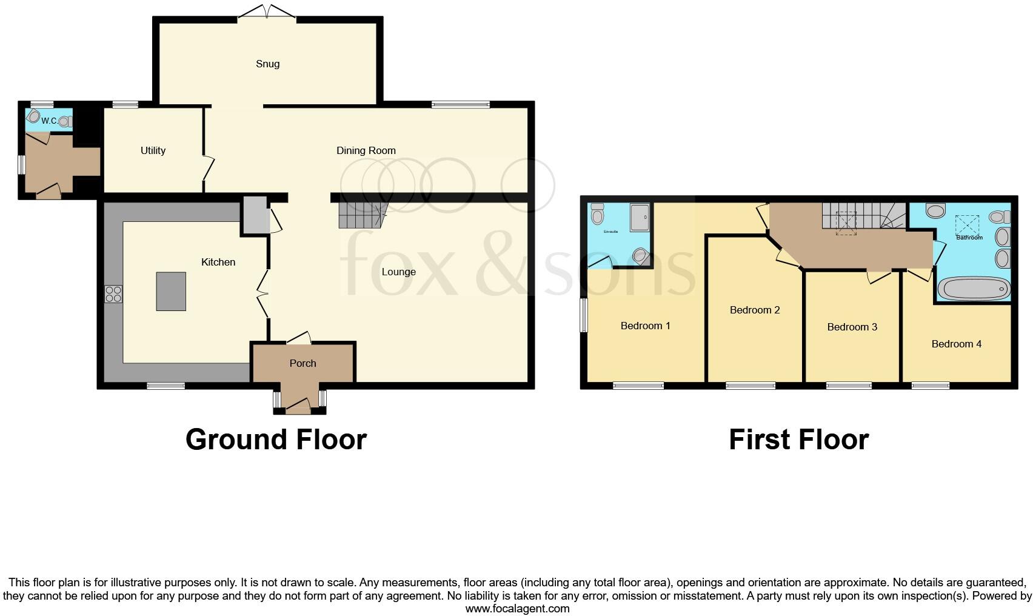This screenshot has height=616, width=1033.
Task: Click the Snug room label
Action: point(267,64)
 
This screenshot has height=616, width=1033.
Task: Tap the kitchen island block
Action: point(171,292)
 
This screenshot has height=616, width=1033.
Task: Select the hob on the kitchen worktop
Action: point(113,294)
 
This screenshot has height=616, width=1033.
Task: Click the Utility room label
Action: point(153,150)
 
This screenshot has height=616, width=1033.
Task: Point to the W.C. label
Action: point(49,121)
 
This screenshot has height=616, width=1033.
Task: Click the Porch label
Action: point(303,363)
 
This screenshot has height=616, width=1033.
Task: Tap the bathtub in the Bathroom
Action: point(973,289)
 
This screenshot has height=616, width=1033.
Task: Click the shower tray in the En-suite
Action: point(640,218)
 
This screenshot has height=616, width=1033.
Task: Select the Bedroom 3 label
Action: point(852,327)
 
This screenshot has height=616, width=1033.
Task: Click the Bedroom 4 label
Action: point(956,344)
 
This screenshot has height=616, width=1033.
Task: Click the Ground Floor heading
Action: point(276,440)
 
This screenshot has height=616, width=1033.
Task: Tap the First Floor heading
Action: point(798,440)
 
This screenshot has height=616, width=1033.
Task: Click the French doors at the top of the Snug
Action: point(267,13)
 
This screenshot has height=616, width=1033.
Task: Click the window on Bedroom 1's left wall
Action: point(584,315)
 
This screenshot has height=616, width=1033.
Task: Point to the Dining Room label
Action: point(366,150)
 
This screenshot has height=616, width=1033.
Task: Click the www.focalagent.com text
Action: point(517,609)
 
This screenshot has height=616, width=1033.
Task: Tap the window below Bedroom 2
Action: point(751,385)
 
